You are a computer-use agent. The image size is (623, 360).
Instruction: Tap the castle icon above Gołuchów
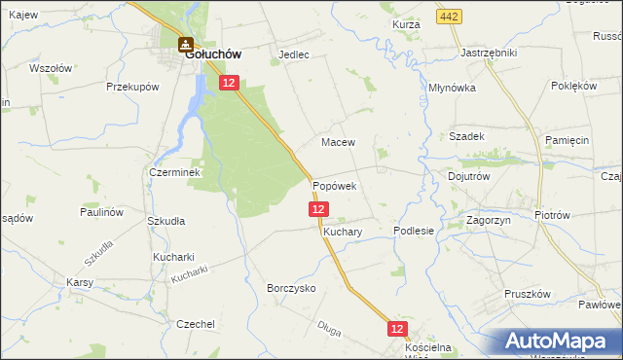184,43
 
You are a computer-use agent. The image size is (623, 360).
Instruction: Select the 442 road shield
448,18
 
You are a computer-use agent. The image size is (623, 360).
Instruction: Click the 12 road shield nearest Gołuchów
228,85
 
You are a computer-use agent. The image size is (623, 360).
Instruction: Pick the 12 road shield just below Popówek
318,209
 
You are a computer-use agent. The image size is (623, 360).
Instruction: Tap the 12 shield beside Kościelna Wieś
397,330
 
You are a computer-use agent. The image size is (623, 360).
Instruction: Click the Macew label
338,142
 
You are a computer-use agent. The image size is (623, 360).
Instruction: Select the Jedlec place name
294,54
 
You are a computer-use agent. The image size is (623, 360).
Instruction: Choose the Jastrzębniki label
489,52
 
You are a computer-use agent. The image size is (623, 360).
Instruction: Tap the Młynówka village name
452,88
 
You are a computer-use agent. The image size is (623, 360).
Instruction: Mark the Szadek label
466,136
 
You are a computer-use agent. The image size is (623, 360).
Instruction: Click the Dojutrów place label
468,177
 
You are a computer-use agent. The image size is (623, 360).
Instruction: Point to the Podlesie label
413,231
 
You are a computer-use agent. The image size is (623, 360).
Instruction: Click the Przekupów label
132,87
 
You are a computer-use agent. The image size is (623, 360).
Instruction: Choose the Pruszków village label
528,294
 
